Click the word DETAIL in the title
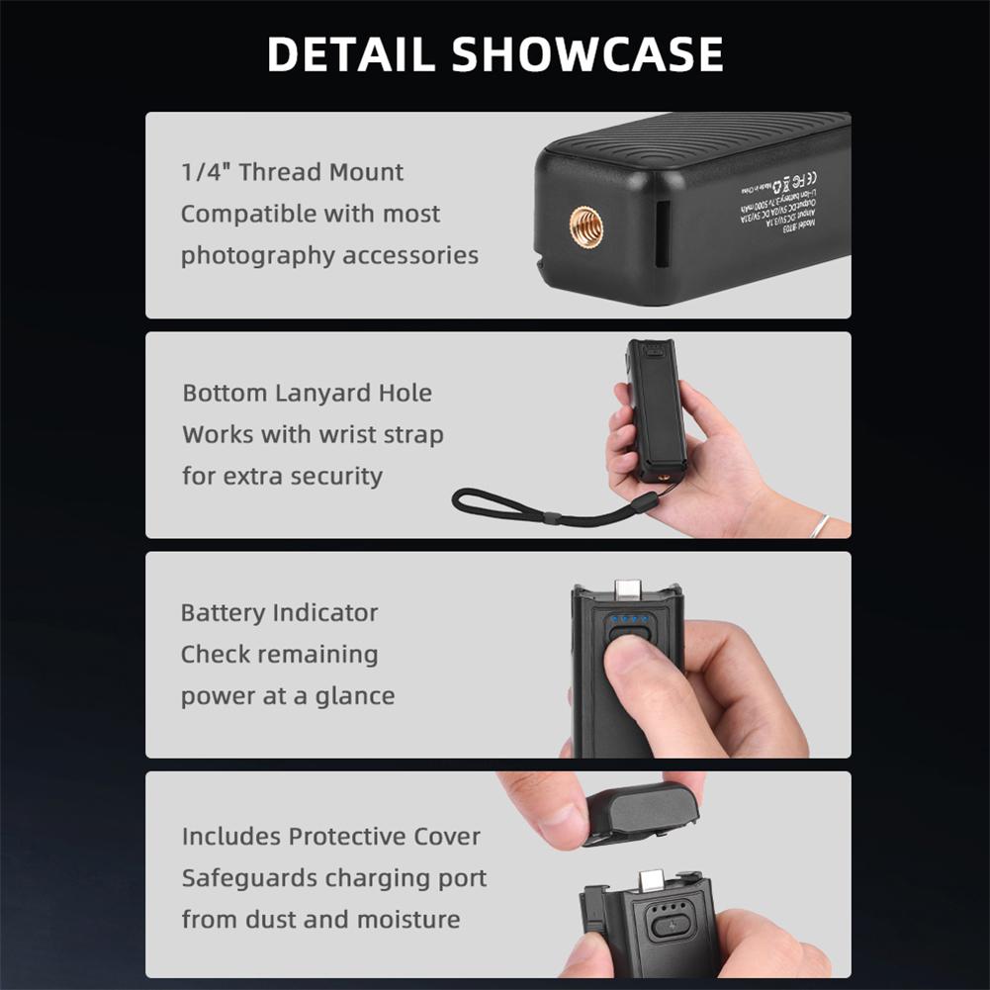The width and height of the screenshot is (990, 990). [350, 54]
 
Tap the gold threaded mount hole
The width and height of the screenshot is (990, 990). [586, 228]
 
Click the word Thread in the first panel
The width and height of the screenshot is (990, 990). [281, 172]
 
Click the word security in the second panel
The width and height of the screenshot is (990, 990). [332, 476]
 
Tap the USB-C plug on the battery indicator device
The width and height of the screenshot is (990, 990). [628, 590]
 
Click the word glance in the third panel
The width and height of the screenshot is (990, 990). [355, 695]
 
